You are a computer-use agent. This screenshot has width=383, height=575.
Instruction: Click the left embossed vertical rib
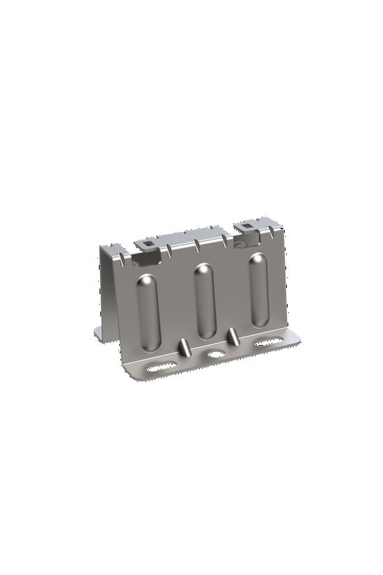[148, 312]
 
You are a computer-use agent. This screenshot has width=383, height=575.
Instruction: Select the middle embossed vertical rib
[204, 301]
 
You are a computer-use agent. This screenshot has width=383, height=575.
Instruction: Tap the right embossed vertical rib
[258, 291]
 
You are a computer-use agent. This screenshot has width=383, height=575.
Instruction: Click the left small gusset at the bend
[182, 346]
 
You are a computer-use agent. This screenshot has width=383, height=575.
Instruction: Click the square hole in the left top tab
[146, 244]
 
